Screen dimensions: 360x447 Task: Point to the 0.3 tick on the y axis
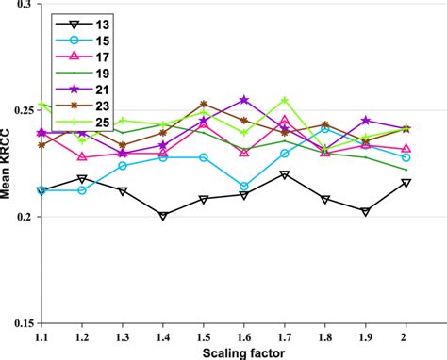[x=23, y=6]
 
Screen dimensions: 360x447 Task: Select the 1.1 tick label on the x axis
[x=41, y=335]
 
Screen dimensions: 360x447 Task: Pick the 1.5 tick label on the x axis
[x=203, y=335]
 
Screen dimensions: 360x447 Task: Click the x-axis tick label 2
[x=406, y=335]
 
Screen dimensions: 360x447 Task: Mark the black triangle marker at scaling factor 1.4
[x=162, y=216]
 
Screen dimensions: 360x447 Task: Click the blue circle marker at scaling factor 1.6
[x=243, y=187]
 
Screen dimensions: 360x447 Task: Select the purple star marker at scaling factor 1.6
[x=243, y=99]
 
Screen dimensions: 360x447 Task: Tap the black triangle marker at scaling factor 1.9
[x=365, y=211]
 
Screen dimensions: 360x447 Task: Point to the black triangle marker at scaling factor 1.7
[x=284, y=175]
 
